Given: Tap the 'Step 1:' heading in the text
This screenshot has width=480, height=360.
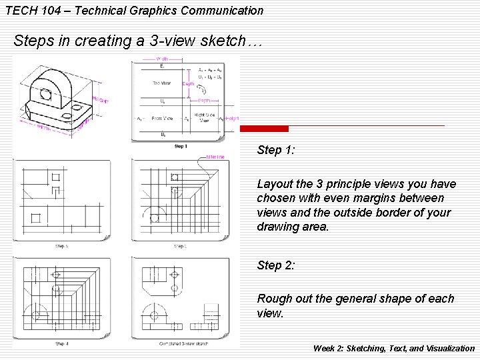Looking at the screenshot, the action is (275, 150).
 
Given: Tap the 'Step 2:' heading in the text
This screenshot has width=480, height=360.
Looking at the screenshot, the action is (275, 265).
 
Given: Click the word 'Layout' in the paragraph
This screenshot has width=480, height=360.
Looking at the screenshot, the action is (275, 183).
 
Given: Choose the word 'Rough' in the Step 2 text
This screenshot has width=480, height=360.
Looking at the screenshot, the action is (274, 299).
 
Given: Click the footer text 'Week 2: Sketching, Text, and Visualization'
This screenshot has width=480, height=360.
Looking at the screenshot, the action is (393, 348).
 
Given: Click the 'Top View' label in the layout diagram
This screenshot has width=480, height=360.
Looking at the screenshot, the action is (161, 83).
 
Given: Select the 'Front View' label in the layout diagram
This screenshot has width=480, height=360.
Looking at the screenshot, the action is (162, 119).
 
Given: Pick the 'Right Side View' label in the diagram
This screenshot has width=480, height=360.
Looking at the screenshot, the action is (204, 118).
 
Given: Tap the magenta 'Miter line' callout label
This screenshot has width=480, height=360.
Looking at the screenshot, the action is (215, 157).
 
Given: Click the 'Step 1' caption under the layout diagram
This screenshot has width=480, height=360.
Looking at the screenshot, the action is (181, 146).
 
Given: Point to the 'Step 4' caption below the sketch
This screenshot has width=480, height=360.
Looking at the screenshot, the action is (62, 344).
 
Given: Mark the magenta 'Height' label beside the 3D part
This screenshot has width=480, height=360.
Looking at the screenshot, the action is (101, 99).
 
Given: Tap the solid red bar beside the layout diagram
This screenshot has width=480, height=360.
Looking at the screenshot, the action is (264, 129).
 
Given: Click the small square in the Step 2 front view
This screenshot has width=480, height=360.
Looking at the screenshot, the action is (35, 217).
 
